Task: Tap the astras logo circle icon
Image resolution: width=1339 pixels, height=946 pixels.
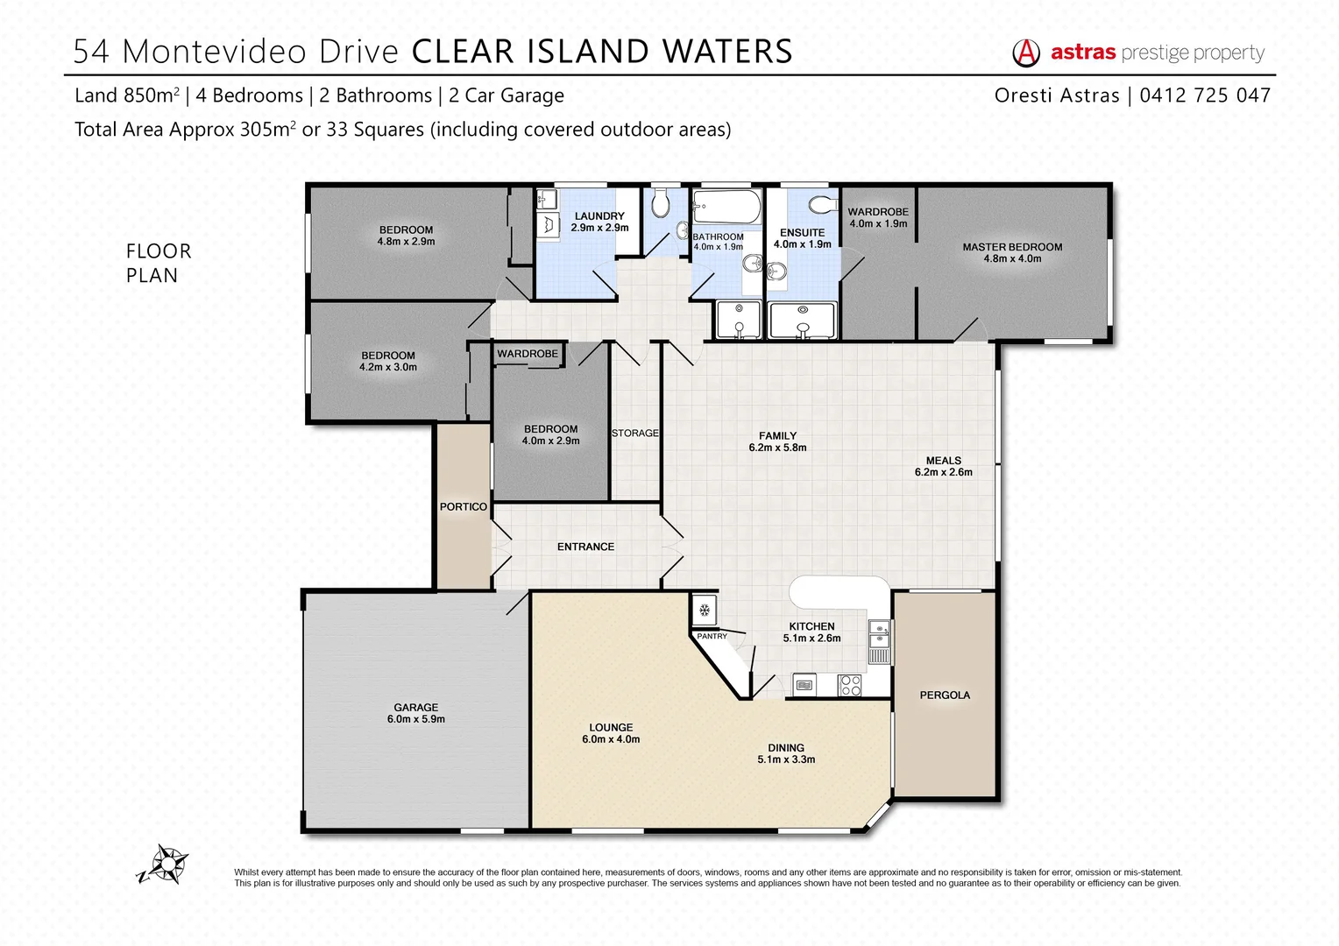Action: click(1026, 53)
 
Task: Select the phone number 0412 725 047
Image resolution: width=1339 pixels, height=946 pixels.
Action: click(1205, 95)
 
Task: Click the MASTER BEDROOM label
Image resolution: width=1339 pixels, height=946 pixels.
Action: click(1012, 247)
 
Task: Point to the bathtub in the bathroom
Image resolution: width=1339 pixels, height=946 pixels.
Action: click(726, 208)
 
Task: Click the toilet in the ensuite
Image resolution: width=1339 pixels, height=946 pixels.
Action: click(822, 205)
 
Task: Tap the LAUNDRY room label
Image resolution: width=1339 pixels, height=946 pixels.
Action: click(599, 216)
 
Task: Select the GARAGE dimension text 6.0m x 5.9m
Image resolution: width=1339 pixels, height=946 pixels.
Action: click(416, 719)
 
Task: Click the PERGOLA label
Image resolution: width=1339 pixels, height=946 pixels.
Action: click(945, 695)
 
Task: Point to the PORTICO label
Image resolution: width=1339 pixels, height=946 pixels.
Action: click(464, 507)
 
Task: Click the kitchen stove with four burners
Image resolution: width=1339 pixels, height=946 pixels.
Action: click(850, 685)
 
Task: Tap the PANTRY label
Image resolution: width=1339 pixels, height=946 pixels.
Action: click(712, 637)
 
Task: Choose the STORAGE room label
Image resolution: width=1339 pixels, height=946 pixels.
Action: click(635, 434)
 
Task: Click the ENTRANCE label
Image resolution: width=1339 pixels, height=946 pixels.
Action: click(585, 547)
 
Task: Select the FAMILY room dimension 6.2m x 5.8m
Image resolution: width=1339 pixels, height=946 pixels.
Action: click(777, 448)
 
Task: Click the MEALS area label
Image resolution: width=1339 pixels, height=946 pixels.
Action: click(944, 461)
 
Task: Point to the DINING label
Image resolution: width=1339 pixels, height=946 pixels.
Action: click(786, 748)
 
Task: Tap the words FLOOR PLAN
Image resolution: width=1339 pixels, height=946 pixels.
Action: click(159, 263)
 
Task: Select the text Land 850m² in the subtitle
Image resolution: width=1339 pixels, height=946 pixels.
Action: click(127, 95)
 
